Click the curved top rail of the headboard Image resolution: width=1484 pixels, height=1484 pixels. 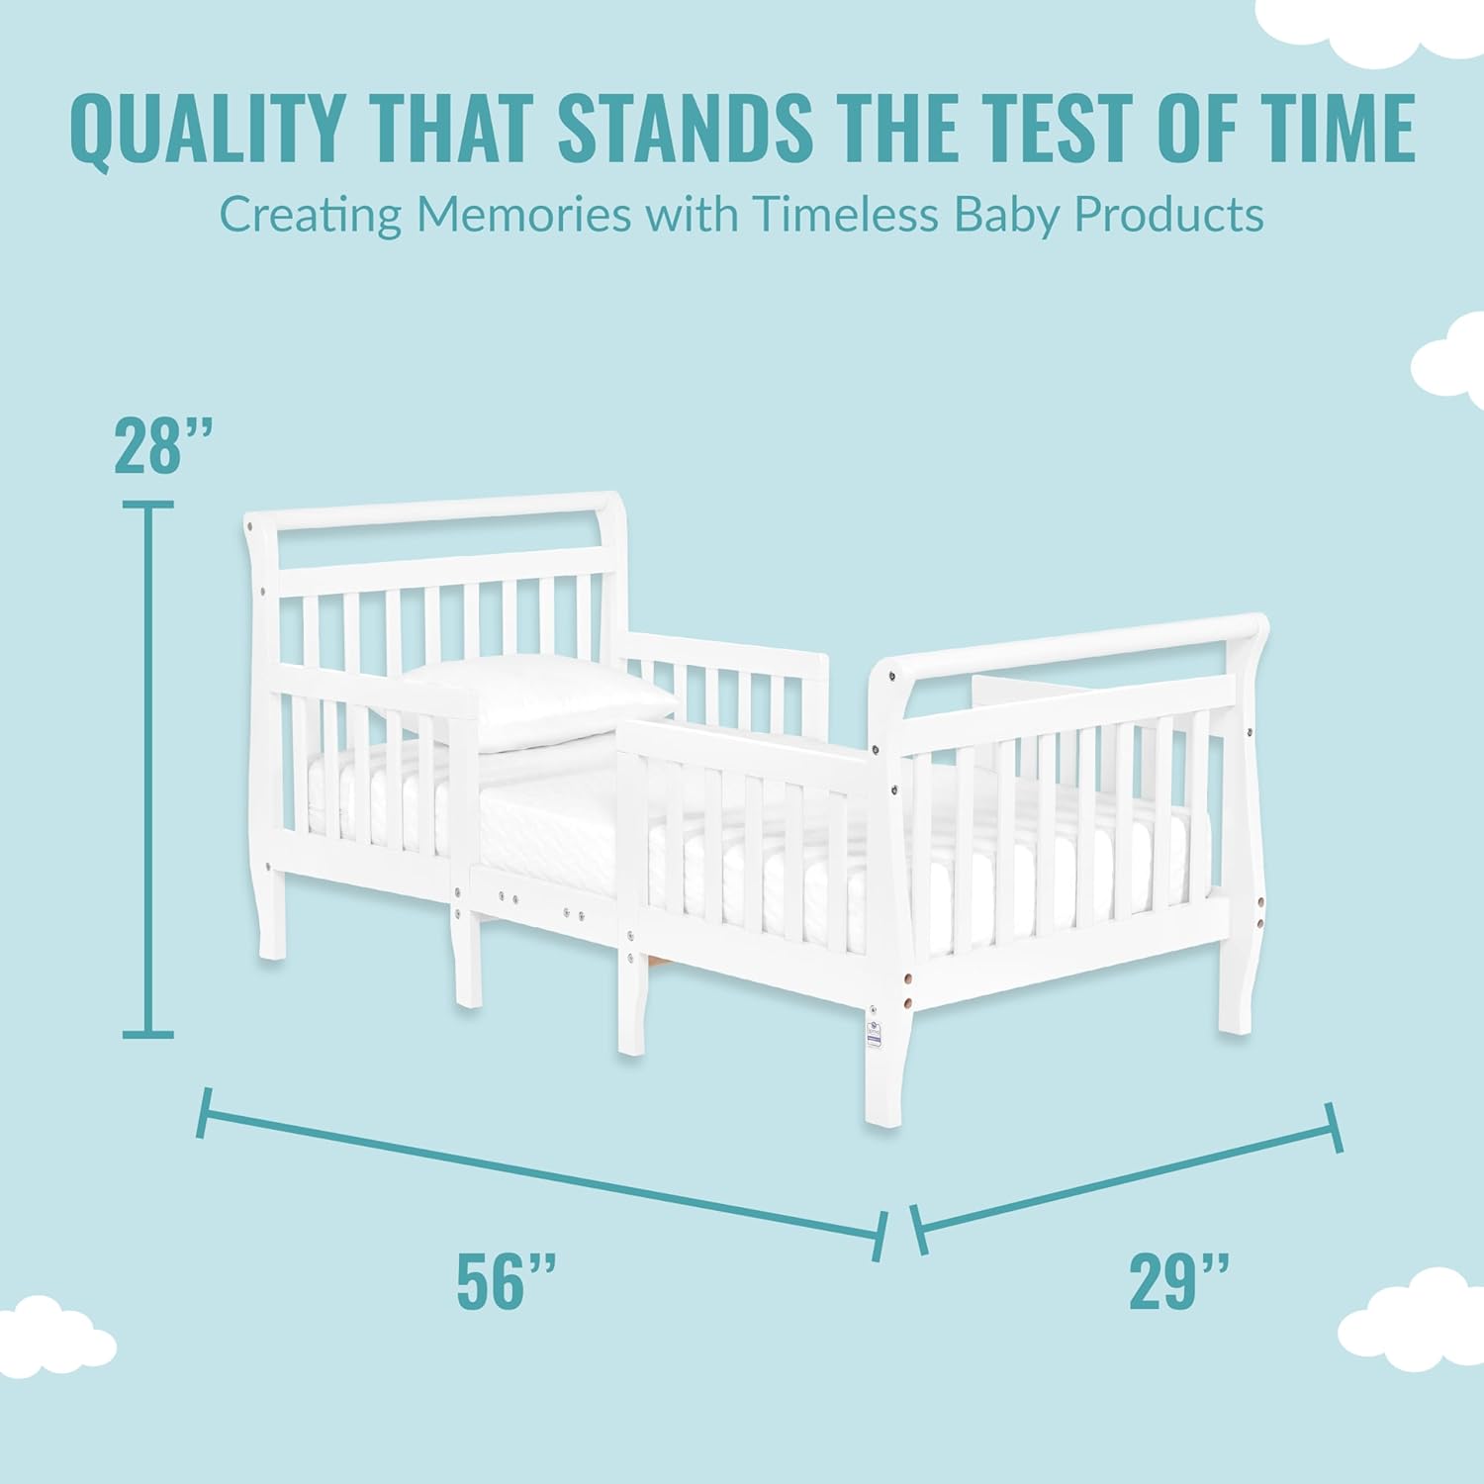[435, 510]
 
